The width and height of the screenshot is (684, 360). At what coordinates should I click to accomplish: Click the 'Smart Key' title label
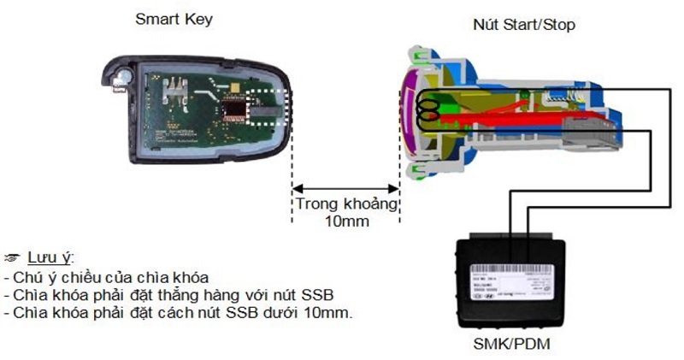point(174,19)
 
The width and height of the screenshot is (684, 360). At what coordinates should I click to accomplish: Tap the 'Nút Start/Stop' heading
point(523,24)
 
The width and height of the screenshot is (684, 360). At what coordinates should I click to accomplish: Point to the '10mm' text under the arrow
point(346,221)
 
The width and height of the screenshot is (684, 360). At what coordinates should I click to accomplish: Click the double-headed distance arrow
point(346,189)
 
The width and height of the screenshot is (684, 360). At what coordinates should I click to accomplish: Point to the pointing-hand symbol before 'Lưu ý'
point(12,257)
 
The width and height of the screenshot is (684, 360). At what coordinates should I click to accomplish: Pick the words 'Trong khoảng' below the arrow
point(346,204)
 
